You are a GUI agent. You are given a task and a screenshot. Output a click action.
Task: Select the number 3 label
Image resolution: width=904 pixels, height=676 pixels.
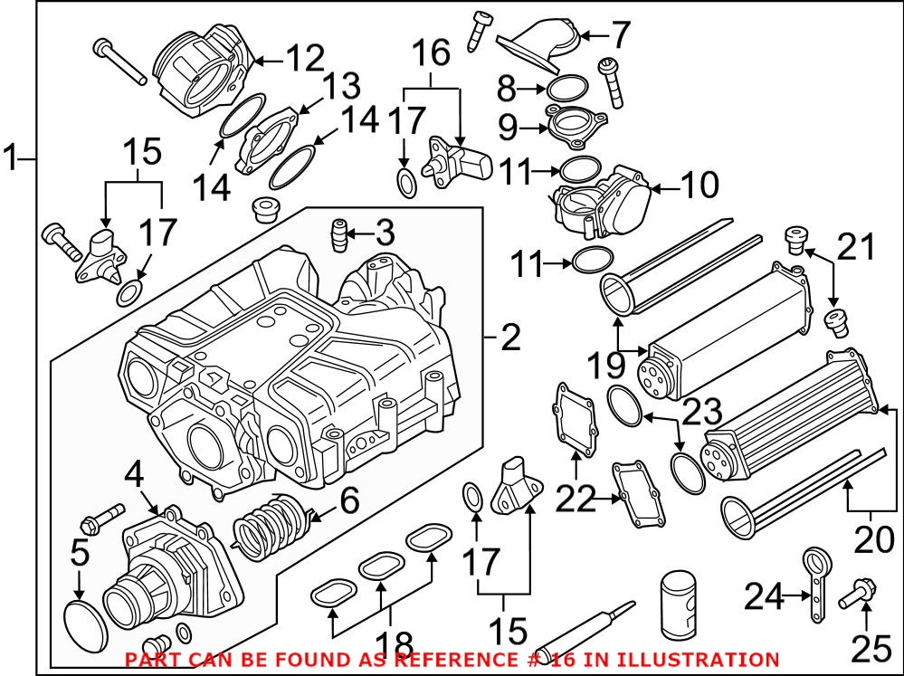point(385,235)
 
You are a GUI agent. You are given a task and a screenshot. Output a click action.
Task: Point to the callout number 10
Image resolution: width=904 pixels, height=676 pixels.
point(699,186)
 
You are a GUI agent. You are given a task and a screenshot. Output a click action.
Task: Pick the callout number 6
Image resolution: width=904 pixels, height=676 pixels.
point(348,500)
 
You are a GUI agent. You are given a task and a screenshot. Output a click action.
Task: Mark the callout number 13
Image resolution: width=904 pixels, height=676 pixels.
point(342,88)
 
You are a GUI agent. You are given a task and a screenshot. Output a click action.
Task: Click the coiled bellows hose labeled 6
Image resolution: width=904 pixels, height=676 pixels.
point(272,529)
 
